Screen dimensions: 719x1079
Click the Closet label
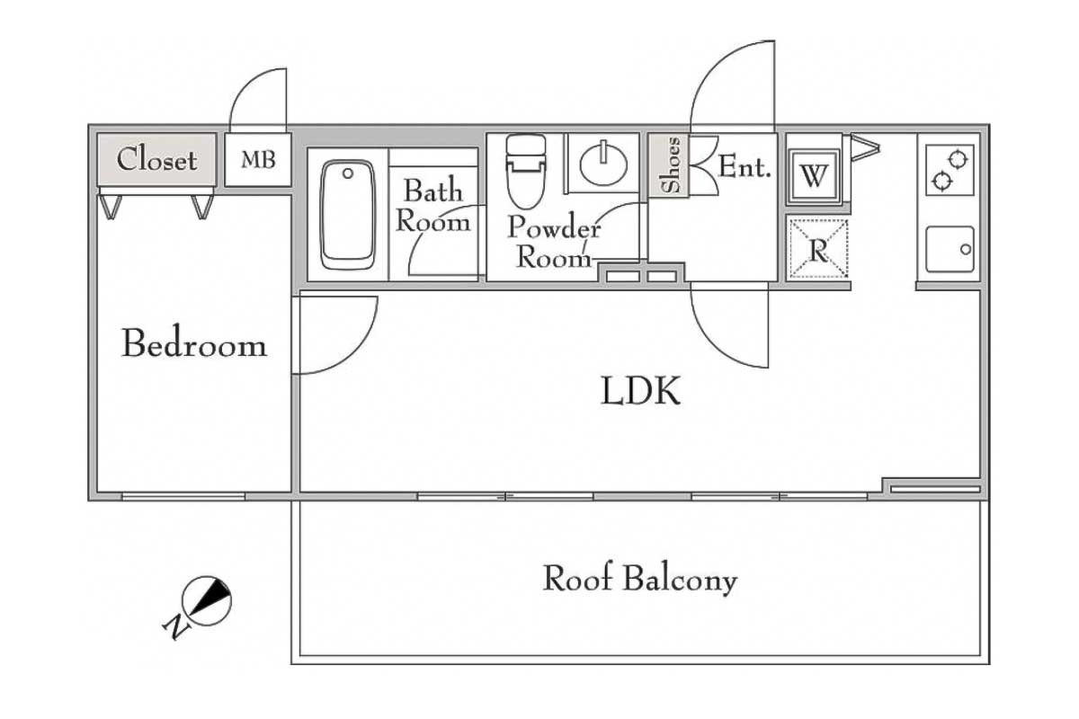tap(156, 161)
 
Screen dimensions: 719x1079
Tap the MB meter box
tap(257, 161)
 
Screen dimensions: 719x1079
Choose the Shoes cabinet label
tap(671, 165)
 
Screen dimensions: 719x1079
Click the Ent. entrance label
tap(745, 167)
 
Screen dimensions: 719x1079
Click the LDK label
tap(640, 392)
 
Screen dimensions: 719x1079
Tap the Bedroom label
tap(194, 345)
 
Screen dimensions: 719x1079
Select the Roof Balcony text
tap(639, 580)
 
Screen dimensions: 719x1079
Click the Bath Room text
tap(433, 206)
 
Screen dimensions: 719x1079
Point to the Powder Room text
tap(554, 243)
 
